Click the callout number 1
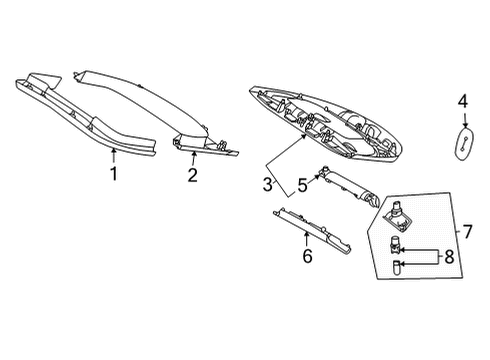click(114, 174)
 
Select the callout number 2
click(192, 175)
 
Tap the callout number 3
click(268, 185)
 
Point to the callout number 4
click(463, 101)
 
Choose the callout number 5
click(302, 186)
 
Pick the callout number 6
click(307, 256)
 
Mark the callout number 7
click(467, 231)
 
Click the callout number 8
click(449, 257)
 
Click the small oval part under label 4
click(464, 143)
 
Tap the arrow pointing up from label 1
click(114, 156)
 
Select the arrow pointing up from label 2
click(193, 158)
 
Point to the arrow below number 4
click(465, 119)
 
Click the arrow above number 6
click(306, 238)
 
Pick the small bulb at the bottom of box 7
click(396, 267)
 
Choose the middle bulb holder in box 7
click(395, 244)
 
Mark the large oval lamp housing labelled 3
click(326, 123)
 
